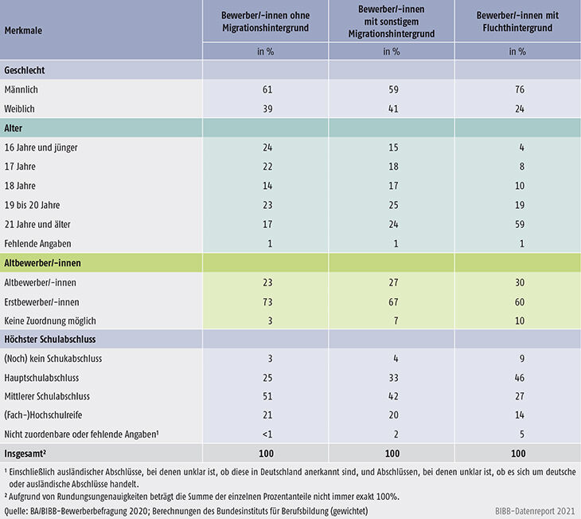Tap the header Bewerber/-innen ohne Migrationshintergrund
click(x=265, y=22)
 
